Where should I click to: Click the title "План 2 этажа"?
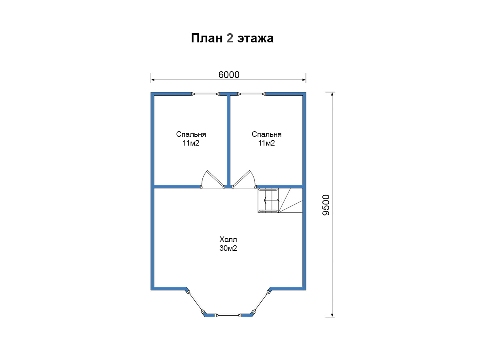click(232, 38)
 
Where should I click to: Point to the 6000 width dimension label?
click(229, 75)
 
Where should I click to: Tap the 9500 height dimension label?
click(326, 205)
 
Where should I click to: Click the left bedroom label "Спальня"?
click(191, 134)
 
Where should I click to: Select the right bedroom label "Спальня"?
click(266, 134)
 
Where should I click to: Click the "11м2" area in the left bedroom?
click(191, 143)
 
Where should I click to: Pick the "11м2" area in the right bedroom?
click(266, 143)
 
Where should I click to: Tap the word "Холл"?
click(228, 240)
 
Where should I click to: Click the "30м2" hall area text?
click(228, 248)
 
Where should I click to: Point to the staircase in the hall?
click(280, 200)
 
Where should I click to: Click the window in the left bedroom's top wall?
click(206, 94)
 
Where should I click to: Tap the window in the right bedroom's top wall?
click(252, 94)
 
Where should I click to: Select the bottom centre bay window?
click(228, 315)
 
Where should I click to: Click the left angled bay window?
click(196, 302)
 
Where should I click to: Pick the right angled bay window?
click(261, 302)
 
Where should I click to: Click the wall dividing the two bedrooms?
click(228, 140)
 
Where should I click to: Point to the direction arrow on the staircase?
click(272, 200)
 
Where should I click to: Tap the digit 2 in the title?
click(230, 38)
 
